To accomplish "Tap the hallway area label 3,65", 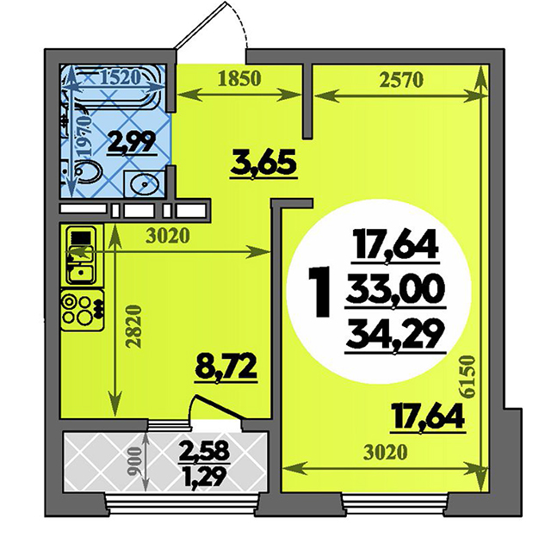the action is pos(263,164).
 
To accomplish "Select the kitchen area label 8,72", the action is pos(226,367).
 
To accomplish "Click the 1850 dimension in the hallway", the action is pos(239,78).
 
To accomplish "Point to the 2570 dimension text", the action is pos(402,80).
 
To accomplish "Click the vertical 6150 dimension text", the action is pos(468,377).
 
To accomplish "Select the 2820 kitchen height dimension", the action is pos(134,327).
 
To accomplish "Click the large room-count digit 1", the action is pos(319,292).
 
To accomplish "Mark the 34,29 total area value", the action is pos(395,336).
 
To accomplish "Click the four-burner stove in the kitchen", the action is pos(83,310).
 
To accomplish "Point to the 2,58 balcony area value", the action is pos(204,451).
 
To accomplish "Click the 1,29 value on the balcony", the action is pos(204,477).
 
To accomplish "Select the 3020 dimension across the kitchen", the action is pos(168,236).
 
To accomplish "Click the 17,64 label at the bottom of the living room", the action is pos(429,417).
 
